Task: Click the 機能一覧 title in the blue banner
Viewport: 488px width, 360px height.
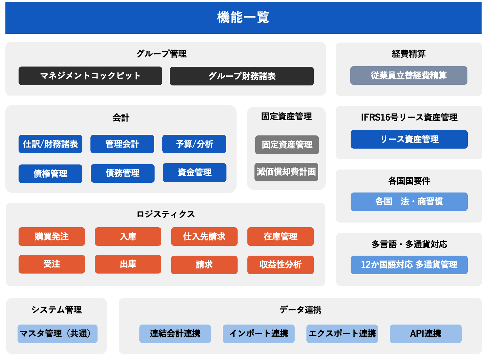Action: click(243, 17)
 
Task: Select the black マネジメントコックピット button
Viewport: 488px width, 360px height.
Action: click(90, 76)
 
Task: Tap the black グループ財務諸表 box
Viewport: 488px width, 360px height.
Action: click(242, 76)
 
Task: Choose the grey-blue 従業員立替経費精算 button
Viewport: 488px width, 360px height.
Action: click(409, 75)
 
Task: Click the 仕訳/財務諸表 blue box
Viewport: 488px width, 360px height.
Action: click(51, 144)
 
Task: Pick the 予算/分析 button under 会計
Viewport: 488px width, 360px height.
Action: click(194, 144)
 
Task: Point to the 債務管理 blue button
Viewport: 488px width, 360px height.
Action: click(123, 173)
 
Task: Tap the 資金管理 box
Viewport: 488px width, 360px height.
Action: click(194, 173)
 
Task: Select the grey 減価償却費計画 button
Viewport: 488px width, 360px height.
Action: click(287, 172)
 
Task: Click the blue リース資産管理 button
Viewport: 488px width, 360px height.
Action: click(409, 139)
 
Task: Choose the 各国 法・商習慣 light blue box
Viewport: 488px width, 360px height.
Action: click(409, 202)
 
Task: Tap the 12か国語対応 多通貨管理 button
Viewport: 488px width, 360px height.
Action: click(409, 265)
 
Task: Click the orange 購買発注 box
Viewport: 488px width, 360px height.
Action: click(52, 237)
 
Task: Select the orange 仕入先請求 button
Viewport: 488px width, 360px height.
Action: click(205, 237)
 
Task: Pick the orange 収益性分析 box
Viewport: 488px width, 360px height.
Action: click(280, 265)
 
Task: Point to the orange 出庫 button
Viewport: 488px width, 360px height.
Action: click(128, 264)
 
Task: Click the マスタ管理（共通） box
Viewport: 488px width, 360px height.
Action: click(57, 334)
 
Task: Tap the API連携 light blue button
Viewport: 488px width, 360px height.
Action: click(426, 334)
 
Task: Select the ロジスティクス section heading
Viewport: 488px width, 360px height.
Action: click(166, 214)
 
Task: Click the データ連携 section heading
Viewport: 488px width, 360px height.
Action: click(300, 310)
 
